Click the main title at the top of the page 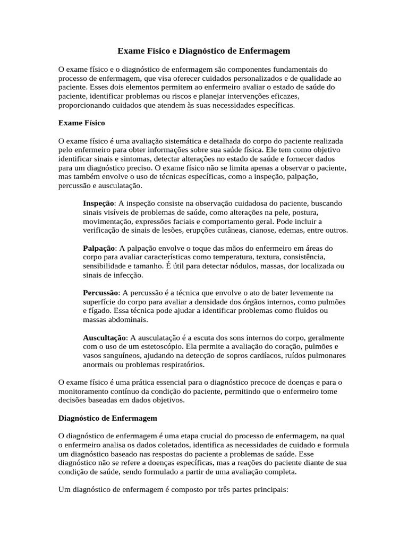click(x=204, y=52)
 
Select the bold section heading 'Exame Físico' click(x=81, y=123)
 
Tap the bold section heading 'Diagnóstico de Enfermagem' click(x=107, y=418)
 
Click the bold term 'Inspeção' click(x=99, y=203)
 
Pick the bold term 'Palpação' click(x=99, y=248)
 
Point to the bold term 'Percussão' click(x=100, y=293)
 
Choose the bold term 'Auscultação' click(x=105, y=338)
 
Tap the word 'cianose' click(x=289, y=230)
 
